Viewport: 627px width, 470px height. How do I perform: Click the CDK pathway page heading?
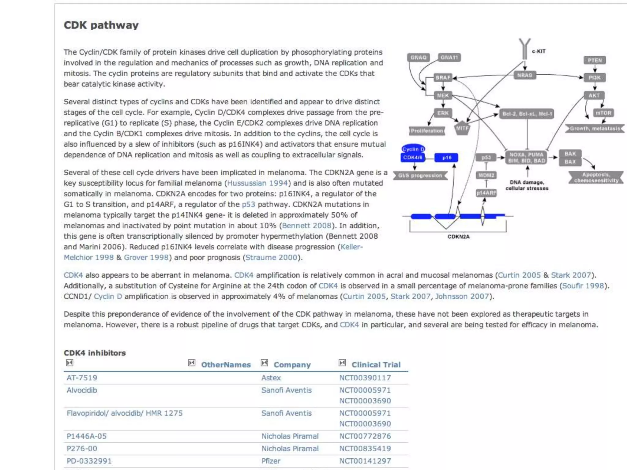pyautogui.click(x=101, y=25)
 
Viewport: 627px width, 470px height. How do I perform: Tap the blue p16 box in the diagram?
pyautogui.click(x=446, y=158)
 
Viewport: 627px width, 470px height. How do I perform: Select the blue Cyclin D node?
pyautogui.click(x=413, y=149)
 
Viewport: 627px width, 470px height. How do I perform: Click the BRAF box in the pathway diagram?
pyautogui.click(x=443, y=77)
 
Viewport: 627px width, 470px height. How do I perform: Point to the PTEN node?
pyautogui.click(x=595, y=60)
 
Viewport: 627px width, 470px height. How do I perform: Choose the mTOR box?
pyautogui.click(x=603, y=113)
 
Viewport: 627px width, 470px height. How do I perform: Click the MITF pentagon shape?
pyautogui.click(x=462, y=129)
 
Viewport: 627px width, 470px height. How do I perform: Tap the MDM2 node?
pyautogui.click(x=486, y=175)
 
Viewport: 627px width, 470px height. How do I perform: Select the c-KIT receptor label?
pyautogui.click(x=539, y=51)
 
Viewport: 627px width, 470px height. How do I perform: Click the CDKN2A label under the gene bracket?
pyautogui.click(x=458, y=237)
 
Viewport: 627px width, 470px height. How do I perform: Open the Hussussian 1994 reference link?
pyautogui.click(x=257, y=183)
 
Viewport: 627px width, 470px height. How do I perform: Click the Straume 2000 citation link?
pyautogui.click(x=271, y=257)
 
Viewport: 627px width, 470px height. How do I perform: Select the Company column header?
pyautogui.click(x=292, y=365)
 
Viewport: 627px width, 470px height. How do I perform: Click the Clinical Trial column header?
pyautogui.click(x=376, y=365)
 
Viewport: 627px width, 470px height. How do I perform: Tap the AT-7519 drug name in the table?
pyautogui.click(x=82, y=378)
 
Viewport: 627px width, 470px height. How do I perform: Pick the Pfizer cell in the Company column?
pyautogui.click(x=271, y=461)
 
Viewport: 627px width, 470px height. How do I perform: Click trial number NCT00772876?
pyautogui.click(x=365, y=436)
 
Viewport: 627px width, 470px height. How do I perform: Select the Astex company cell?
pyautogui.click(x=271, y=378)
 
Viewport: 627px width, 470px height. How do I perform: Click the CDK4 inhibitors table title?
pyautogui.click(x=95, y=353)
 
